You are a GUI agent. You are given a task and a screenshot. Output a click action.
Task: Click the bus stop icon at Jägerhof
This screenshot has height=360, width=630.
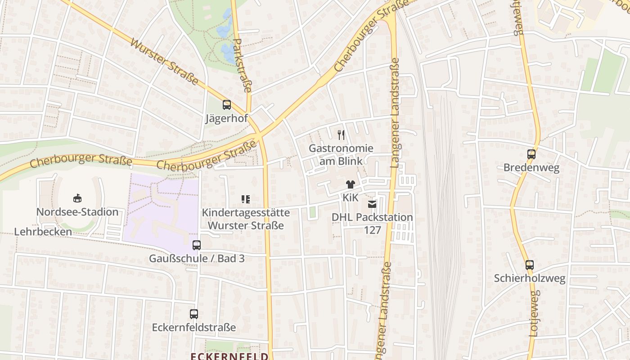(x=227, y=105)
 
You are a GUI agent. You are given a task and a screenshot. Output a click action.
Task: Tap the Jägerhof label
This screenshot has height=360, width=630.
(x=227, y=119)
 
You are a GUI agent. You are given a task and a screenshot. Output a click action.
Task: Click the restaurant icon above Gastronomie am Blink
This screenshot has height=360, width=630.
(x=341, y=135)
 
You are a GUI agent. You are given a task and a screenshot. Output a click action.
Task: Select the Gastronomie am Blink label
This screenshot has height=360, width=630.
(x=341, y=154)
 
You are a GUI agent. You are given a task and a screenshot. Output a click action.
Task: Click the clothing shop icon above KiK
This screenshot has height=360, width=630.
(x=350, y=184)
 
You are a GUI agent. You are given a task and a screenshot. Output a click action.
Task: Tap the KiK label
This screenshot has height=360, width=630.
(x=350, y=198)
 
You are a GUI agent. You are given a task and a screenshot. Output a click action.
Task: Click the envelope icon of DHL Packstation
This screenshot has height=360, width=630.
(x=372, y=204)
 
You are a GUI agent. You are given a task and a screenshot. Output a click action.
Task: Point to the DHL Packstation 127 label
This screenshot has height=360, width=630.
(x=372, y=224)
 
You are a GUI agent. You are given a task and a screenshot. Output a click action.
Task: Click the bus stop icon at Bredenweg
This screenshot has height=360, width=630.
(x=531, y=154)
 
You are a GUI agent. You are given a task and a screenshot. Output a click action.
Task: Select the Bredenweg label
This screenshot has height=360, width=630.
(x=531, y=168)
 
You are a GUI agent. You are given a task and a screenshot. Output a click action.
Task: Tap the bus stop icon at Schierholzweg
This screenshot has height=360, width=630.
(x=530, y=265)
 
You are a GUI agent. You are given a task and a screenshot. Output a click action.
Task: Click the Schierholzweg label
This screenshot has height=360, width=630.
(x=530, y=278)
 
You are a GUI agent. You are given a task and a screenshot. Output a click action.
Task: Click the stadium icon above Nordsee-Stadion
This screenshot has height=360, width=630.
(x=77, y=198)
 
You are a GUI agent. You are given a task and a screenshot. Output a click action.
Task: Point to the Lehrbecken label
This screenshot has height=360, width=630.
(x=43, y=232)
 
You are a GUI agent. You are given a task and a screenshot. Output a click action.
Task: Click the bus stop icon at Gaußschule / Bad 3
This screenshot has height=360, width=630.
(x=197, y=245)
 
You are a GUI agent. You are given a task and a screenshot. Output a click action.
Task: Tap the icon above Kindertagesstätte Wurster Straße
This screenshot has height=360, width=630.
(x=246, y=199)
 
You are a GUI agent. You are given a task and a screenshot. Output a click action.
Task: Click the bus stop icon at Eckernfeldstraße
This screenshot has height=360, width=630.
(x=194, y=314)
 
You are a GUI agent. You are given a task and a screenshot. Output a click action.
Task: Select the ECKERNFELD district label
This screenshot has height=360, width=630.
(x=229, y=356)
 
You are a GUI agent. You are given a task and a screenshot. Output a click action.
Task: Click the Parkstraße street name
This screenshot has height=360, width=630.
(x=242, y=66)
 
